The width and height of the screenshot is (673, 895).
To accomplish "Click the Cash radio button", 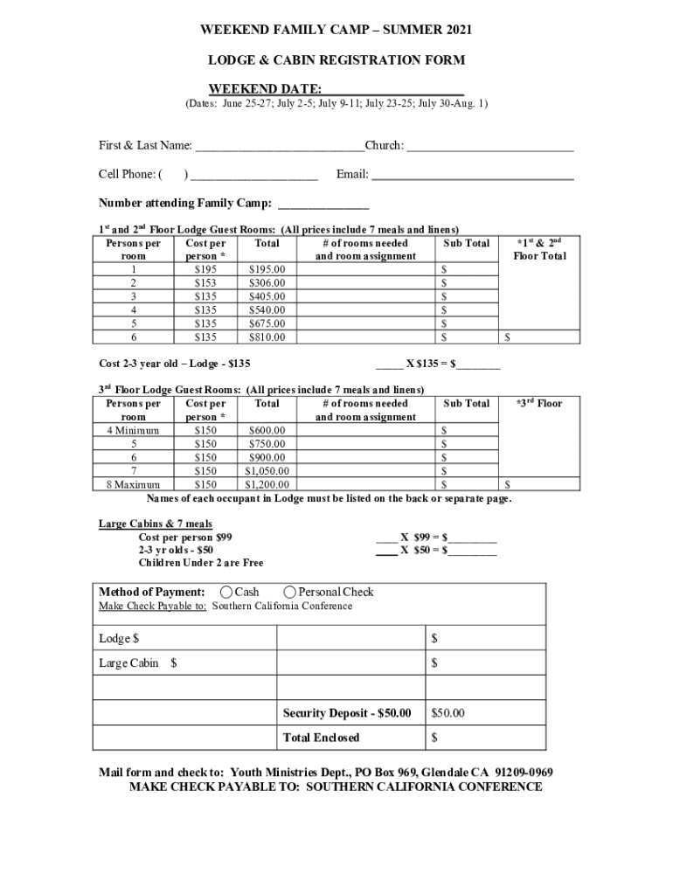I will [x=226, y=592].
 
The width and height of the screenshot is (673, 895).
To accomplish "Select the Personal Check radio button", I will [x=290, y=592].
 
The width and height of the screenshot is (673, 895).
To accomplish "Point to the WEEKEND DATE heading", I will [x=265, y=89].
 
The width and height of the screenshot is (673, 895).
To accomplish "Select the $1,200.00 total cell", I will [x=267, y=483].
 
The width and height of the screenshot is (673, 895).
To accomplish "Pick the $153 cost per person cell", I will [x=205, y=283].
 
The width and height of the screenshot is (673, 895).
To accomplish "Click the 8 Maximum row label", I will [x=133, y=483].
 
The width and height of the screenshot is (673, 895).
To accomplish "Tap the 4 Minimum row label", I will [x=133, y=430].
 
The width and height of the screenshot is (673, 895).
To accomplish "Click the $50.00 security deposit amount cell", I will [x=448, y=713].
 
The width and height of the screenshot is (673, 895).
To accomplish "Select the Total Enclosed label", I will [x=321, y=738].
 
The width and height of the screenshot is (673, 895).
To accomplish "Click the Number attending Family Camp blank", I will [x=323, y=205].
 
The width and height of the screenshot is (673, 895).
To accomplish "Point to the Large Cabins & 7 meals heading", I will [x=155, y=524].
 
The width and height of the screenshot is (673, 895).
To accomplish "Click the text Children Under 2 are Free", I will [x=200, y=563].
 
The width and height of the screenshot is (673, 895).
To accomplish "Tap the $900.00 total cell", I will [x=267, y=457].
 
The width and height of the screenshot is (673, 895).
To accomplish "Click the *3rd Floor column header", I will [x=539, y=403].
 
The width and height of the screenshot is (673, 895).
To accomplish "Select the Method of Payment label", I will [x=152, y=592].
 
